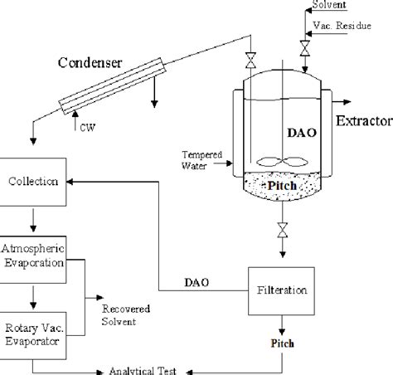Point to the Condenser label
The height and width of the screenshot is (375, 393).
click(x=91, y=63)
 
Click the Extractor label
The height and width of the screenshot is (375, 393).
click(x=363, y=123)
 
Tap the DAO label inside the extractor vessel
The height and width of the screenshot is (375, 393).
click(x=299, y=130)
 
